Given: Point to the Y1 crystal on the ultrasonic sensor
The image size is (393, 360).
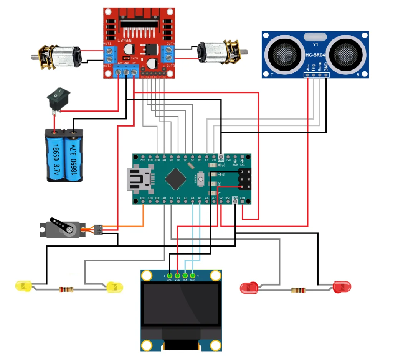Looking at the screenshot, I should [315, 37].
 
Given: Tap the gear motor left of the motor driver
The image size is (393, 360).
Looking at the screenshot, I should [58, 56].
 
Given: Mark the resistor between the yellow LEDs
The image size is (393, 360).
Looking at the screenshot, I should [66, 289].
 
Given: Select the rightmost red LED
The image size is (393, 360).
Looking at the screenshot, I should [342, 286].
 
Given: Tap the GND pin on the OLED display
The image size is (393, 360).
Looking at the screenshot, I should [169, 276].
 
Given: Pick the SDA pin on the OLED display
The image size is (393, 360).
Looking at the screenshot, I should [193, 276].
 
